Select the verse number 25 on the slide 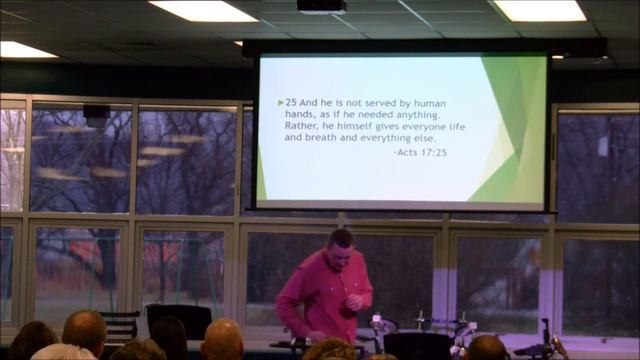tap(291, 102)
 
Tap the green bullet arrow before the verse tap(280, 102)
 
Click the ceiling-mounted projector tap(321, 6)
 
